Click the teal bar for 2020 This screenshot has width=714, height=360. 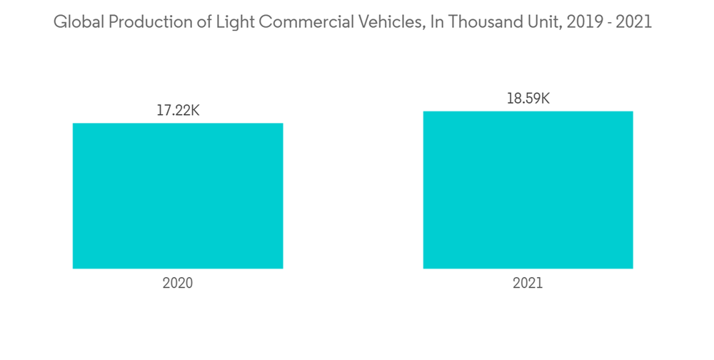(178, 196)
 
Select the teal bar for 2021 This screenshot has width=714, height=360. (528, 190)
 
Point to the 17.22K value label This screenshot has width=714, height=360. (178, 111)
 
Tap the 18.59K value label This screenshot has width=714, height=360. (528, 99)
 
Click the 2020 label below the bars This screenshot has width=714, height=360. (178, 283)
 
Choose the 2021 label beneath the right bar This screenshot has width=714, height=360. (528, 283)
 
